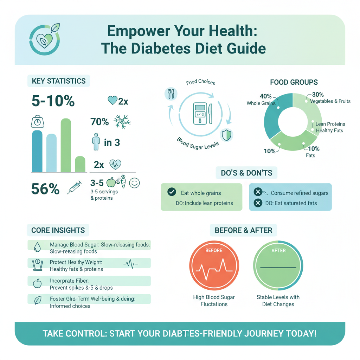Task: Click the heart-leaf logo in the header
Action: click(44, 39)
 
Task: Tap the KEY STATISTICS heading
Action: click(58, 81)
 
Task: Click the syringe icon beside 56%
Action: click(75, 188)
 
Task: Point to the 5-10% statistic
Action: click(53, 101)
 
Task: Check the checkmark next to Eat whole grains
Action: click(172, 192)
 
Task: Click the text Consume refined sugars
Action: click(300, 193)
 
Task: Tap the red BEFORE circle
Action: click(214, 267)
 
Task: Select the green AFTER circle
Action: click(278, 267)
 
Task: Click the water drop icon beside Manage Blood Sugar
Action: click(37, 247)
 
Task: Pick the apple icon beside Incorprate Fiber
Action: click(37, 283)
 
